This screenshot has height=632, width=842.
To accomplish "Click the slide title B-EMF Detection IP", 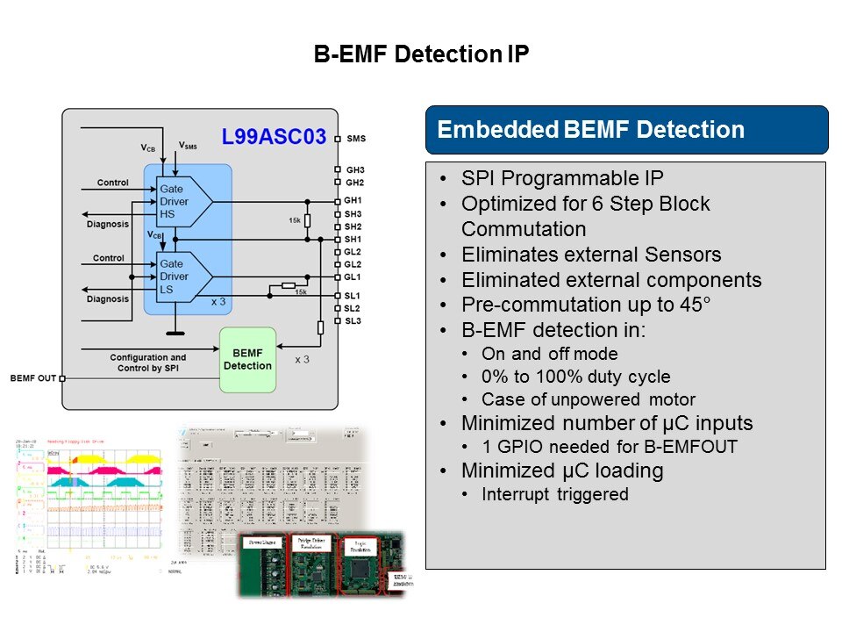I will [421, 55].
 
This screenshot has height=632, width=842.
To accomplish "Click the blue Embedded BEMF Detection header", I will [590, 131].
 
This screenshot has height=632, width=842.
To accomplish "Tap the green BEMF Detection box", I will [247, 358].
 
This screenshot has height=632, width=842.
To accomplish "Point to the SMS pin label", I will [356, 139].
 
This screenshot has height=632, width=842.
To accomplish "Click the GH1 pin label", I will [353, 200].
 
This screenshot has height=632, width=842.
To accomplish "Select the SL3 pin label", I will [353, 321].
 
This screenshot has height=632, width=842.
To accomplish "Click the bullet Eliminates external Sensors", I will [591, 255].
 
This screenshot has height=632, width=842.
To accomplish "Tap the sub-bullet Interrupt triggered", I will [555, 494].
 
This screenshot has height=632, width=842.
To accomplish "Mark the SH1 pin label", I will [353, 239].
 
